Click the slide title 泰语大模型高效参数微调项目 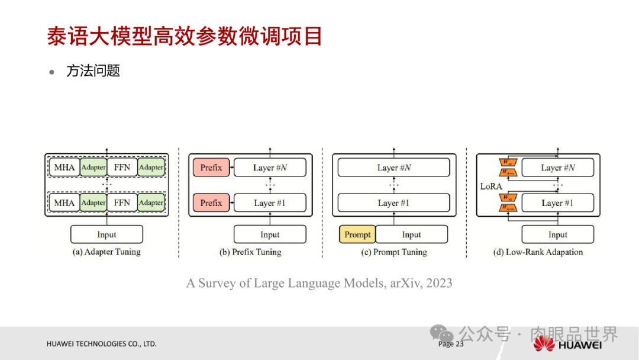point(185,36)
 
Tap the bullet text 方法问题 point(93,71)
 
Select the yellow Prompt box point(357,234)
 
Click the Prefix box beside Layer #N point(211,168)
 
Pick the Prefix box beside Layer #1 point(211,203)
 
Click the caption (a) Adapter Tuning point(106,252)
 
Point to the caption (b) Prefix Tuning point(250,252)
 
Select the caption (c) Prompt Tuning point(394,252)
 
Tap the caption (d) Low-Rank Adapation point(538,252)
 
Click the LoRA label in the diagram point(490,186)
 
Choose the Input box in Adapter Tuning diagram point(106,234)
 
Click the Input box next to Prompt point(411,234)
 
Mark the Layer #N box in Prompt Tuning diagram point(393,168)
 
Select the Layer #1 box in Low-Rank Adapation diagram point(557,203)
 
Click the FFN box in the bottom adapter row point(122,203)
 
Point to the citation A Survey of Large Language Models point(319,283)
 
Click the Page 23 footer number point(451,344)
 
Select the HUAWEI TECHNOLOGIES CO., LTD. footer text point(102,344)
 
